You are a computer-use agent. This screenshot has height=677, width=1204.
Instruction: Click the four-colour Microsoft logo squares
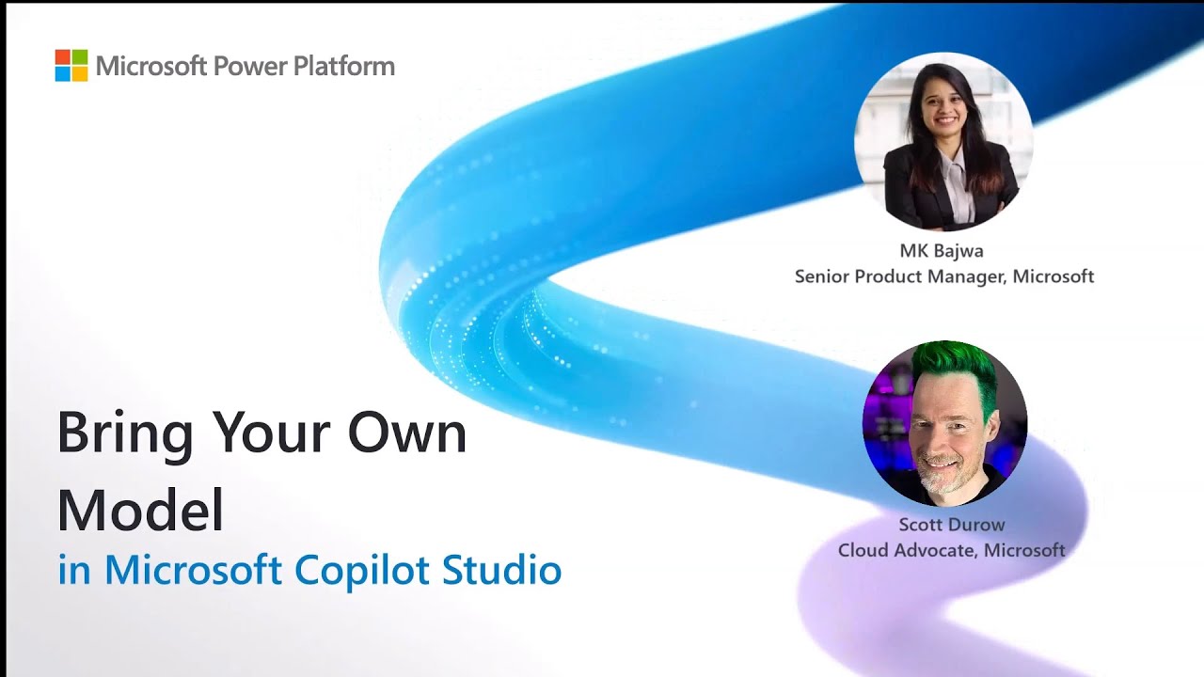click(71, 66)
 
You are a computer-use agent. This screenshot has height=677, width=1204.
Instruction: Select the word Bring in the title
click(125, 434)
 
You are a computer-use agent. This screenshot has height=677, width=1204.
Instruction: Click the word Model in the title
click(140, 511)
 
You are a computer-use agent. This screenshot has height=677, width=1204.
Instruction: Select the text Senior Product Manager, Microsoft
click(944, 276)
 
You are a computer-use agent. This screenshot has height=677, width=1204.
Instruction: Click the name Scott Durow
click(951, 525)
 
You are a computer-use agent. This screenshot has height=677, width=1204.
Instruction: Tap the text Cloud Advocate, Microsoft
click(951, 550)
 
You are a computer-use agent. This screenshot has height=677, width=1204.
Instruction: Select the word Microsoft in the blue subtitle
click(194, 570)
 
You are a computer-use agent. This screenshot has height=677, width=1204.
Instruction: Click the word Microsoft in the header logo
click(150, 67)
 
